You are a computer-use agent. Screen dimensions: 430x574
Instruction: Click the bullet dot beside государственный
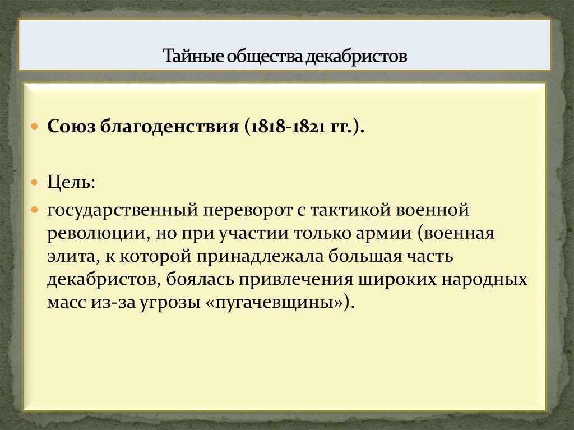coord(35,210)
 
